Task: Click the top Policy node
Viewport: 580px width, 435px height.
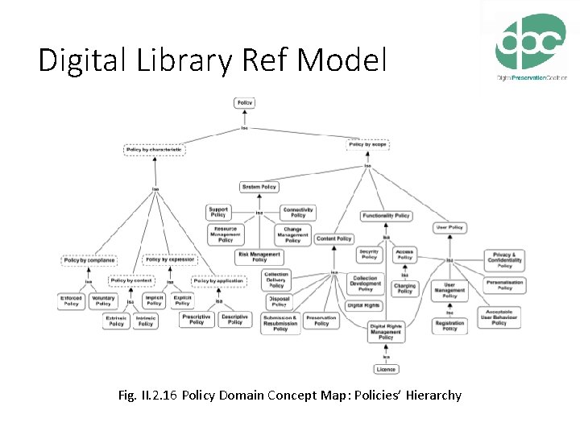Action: click(244, 102)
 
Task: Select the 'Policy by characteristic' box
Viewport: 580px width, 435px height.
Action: click(155, 149)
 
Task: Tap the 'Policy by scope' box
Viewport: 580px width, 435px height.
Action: click(368, 144)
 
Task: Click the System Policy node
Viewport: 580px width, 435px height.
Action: click(259, 187)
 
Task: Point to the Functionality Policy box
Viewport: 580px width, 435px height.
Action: click(386, 215)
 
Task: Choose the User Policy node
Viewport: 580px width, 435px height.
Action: click(449, 227)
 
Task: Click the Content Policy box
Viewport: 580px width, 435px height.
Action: click(333, 238)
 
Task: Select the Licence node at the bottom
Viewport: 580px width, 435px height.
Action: click(386, 370)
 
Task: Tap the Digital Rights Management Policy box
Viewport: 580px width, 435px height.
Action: click(386, 331)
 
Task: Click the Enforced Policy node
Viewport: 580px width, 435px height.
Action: click(72, 301)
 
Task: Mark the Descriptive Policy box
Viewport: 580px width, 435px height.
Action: click(234, 320)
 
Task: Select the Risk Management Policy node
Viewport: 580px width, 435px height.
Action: click(259, 257)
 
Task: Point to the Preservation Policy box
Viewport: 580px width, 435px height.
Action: click(321, 321)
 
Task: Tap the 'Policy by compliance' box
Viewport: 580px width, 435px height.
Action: click(89, 260)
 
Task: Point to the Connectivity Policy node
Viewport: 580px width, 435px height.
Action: click(298, 213)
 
